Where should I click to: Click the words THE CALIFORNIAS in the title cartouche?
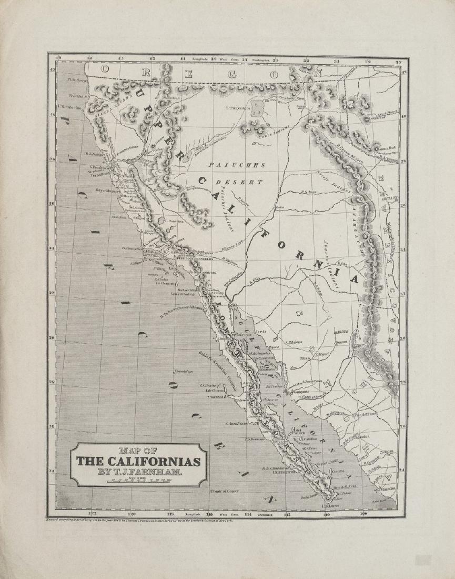coord(138,462)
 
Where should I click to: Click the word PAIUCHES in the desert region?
coord(237,165)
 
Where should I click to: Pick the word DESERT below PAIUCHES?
coord(239,182)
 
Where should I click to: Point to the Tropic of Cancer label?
coord(225,491)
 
